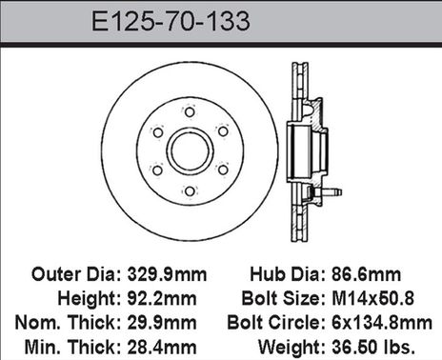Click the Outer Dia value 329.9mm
tap(168, 273)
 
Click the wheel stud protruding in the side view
tap(328, 194)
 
